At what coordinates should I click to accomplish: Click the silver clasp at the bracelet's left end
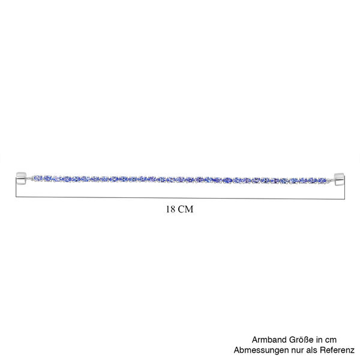22,179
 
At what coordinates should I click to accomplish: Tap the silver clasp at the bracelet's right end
339,179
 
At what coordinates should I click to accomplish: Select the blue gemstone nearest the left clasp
38,178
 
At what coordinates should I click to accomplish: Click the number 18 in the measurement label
170,209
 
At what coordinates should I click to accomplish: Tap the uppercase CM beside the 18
186,209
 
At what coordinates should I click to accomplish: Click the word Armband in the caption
269,340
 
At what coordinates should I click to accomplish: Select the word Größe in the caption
301,340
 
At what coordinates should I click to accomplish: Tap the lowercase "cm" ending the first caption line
331,340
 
